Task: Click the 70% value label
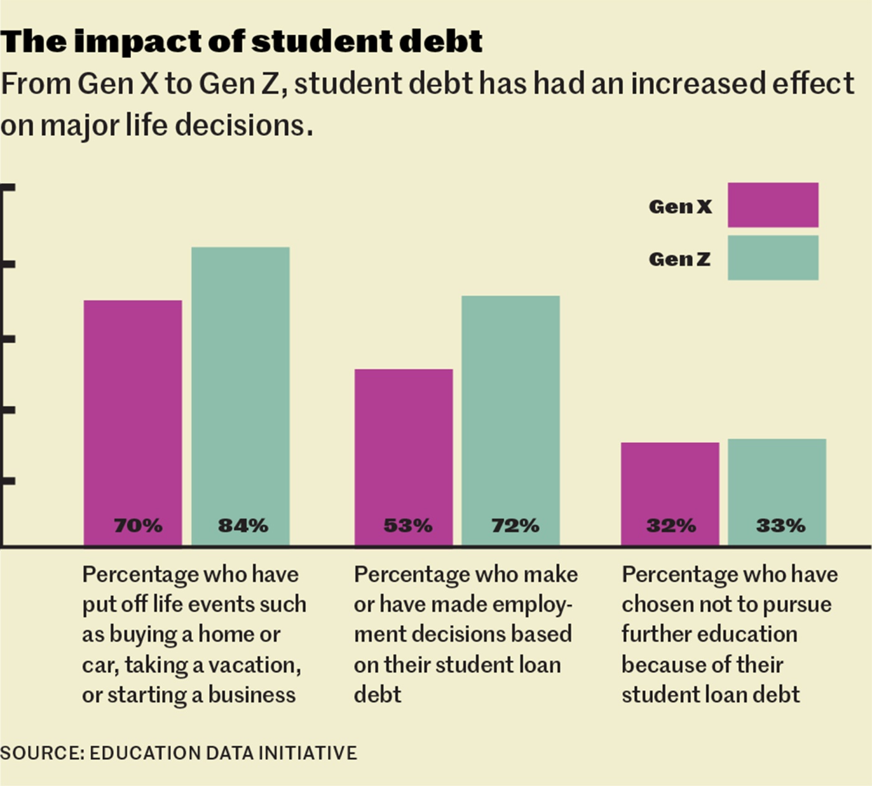[138, 526]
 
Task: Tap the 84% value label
[243, 526]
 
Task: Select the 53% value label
[408, 526]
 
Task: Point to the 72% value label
[515, 526]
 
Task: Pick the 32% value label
[671, 526]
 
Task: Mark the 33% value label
[780, 526]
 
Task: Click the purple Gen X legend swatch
[773, 205]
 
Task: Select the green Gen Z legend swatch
[773, 258]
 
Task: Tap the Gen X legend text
[680, 206]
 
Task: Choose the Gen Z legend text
[680, 259]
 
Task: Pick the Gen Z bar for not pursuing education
[777, 480]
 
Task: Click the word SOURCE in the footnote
[40, 753]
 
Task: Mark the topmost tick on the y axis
[7, 186]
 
